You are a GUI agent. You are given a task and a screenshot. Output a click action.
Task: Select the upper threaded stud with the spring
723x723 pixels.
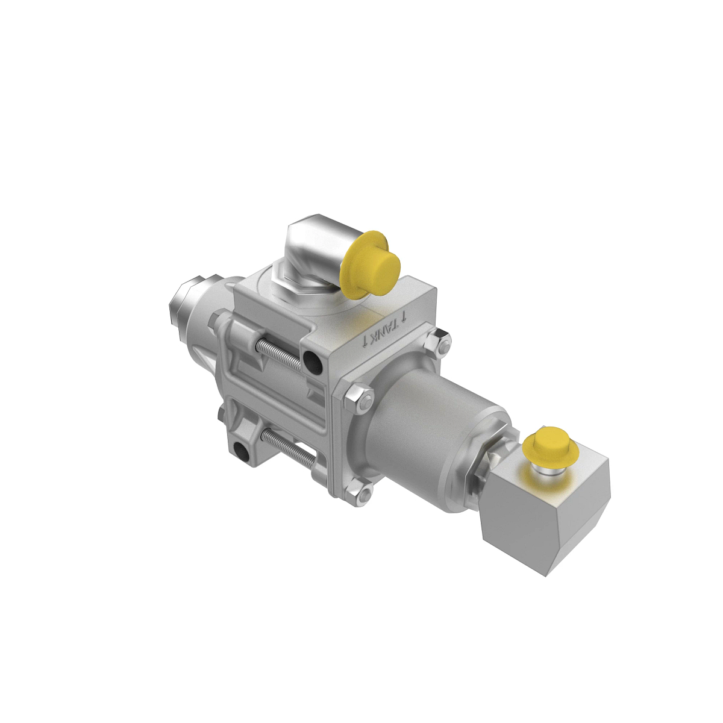tap(279, 354)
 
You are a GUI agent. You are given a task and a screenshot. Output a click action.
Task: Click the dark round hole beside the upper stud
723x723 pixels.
tap(312, 363)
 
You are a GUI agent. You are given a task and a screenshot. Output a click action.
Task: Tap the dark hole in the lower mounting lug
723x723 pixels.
tap(242, 451)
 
